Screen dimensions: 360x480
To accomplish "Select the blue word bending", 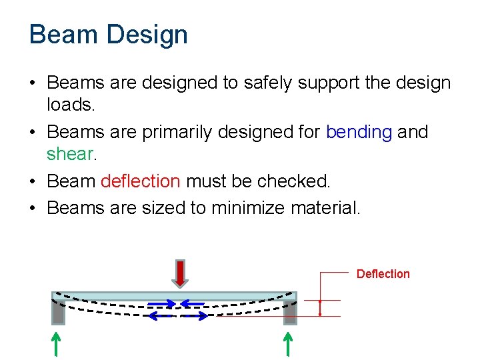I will [x=359, y=132].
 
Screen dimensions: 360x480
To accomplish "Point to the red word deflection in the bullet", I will [x=140, y=181].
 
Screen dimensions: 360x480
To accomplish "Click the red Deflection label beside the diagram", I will [x=383, y=274].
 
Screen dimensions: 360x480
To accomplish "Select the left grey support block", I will [x=59, y=312].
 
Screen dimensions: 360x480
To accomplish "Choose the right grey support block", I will [x=289, y=312].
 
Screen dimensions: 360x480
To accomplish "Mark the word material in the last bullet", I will [x=325, y=208].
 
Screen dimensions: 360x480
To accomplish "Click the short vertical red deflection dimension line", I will [x=321, y=307].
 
